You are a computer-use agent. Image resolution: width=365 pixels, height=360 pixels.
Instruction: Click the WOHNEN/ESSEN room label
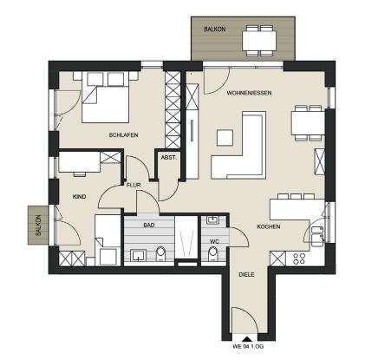(x=249, y=93)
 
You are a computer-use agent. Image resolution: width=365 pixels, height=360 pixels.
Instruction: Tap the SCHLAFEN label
(x=123, y=135)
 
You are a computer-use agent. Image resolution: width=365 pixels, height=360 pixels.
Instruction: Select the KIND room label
(x=79, y=197)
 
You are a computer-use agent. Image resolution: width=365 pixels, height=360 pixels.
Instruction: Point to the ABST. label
(x=168, y=158)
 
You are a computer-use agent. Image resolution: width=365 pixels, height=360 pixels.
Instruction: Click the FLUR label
(x=134, y=185)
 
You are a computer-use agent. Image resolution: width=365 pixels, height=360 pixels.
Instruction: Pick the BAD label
(x=149, y=225)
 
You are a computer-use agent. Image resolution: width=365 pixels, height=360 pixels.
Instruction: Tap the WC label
(x=213, y=240)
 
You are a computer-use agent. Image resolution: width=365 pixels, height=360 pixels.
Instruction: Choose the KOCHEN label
(x=269, y=226)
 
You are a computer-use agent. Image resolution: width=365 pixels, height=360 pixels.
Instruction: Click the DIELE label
(x=246, y=274)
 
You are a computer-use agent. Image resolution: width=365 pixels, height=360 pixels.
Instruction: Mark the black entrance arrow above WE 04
(x=246, y=339)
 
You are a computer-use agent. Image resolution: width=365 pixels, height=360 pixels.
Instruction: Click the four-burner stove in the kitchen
(x=299, y=259)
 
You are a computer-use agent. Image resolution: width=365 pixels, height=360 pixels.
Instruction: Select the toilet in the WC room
(x=213, y=253)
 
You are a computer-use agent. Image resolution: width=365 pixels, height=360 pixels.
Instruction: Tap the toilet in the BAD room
(x=160, y=254)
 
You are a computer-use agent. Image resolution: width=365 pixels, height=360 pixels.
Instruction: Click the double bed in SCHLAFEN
(x=105, y=97)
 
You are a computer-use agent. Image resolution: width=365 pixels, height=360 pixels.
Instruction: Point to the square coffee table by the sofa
(x=225, y=138)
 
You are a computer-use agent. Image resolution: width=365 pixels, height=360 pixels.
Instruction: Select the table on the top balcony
(x=259, y=41)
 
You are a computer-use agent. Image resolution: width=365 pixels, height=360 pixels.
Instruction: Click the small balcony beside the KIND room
(x=38, y=225)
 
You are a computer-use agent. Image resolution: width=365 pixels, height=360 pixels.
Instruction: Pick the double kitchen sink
(x=317, y=237)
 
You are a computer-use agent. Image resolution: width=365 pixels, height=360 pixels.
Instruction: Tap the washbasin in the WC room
(x=212, y=220)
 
